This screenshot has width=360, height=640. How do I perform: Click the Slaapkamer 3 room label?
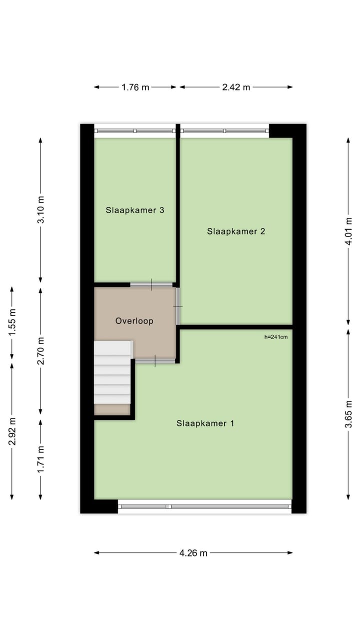point(135,210)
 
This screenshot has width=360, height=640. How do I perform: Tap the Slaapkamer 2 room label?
point(236,231)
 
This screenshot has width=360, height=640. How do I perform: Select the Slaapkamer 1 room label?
point(205,423)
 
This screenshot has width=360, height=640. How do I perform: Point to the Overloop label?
point(134,321)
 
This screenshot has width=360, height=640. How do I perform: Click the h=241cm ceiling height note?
point(276,337)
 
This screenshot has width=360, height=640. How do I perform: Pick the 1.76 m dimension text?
point(135,87)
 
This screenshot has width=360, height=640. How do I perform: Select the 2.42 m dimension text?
point(236,87)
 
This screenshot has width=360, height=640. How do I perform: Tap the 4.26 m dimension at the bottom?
point(193,553)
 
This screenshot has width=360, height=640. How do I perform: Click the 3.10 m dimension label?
point(41,210)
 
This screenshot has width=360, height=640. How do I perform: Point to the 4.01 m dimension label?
point(348,231)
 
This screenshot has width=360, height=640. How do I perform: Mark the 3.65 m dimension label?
point(348,414)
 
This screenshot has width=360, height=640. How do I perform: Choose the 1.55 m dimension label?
point(12,323)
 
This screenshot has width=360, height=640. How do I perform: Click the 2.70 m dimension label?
point(41,351)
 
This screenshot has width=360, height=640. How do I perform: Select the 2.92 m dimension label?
point(12,430)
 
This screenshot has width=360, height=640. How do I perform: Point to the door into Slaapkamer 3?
point(151,285)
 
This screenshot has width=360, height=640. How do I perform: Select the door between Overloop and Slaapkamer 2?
point(177,305)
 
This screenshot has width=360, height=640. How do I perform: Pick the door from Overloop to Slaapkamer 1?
point(155,360)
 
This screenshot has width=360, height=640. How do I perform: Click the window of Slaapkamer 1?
point(205,506)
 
